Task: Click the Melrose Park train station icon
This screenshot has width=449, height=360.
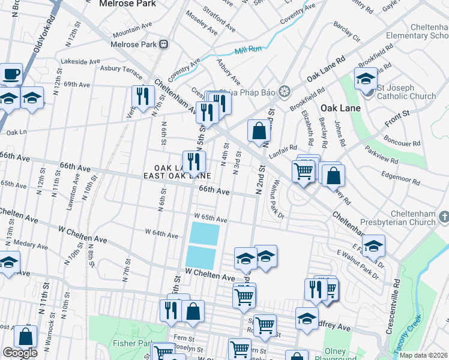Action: (163, 44)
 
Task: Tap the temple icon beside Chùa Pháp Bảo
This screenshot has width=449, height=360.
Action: (285, 91)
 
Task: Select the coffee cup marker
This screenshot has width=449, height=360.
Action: (11, 74)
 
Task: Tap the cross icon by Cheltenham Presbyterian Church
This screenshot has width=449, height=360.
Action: (444, 215)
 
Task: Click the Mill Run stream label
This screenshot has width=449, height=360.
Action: (249, 49)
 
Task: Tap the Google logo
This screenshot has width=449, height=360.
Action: (20, 353)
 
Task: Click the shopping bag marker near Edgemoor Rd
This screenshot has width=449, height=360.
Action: (333, 176)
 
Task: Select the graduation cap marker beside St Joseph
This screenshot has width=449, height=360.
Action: (366, 79)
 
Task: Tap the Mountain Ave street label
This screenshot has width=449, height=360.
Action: (132, 29)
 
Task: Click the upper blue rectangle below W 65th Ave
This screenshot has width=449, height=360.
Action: (205, 232)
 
